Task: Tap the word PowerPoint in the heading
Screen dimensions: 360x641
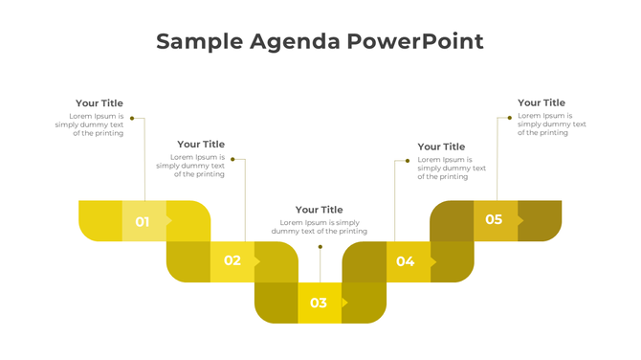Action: (415, 41)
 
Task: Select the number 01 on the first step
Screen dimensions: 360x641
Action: (143, 222)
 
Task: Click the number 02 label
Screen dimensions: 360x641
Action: (232, 260)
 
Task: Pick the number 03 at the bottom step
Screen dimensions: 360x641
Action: (319, 304)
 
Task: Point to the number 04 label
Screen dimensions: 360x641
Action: (406, 261)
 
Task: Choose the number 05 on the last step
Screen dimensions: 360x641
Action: (494, 219)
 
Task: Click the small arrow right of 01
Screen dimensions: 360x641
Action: (170, 221)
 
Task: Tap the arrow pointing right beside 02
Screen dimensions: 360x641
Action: (257, 261)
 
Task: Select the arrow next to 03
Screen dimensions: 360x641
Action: (345, 304)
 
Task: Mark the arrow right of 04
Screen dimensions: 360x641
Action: (433, 261)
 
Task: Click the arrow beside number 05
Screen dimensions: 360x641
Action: (521, 220)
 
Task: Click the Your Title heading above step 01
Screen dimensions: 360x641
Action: (99, 103)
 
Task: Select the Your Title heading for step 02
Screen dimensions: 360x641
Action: (201, 145)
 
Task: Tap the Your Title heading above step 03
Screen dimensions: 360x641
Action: (320, 210)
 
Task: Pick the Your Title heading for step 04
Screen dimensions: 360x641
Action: (441, 146)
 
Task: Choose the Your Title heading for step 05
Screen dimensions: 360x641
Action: (542, 102)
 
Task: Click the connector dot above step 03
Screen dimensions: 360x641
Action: (320, 247)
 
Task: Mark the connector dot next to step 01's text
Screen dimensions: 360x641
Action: (132, 119)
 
